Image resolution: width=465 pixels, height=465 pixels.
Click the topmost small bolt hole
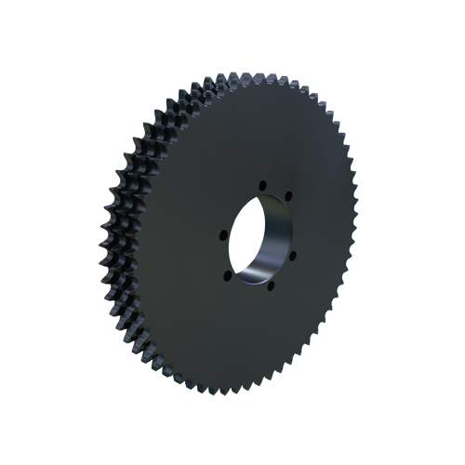262,184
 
